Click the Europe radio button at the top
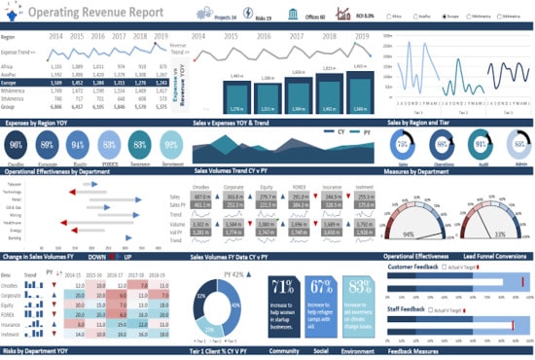[x=442, y=17]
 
